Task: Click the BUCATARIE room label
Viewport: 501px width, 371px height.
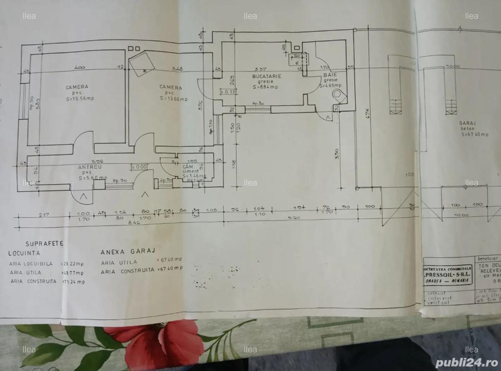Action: pos(267,77)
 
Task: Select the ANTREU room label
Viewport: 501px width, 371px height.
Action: pos(90,167)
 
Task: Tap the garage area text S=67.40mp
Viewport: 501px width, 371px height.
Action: pos(475,135)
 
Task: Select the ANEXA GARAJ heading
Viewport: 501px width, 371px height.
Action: pos(128,252)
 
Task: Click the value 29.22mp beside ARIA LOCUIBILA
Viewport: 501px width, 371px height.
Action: pos(73,264)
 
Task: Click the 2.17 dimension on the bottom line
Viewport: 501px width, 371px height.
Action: pos(43,215)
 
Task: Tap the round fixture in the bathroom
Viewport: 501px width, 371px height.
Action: pos(338,95)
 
